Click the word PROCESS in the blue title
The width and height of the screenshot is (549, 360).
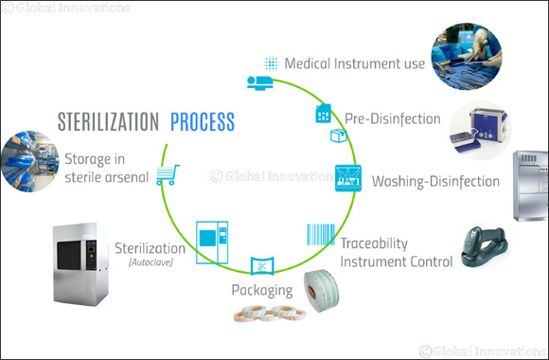click(x=202, y=122)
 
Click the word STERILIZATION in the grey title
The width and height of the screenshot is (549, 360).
click(x=108, y=122)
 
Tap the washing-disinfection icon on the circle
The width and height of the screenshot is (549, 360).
click(x=347, y=177)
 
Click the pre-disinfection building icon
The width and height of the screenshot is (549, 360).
click(x=322, y=116)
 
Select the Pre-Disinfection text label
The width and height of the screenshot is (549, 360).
click(x=392, y=119)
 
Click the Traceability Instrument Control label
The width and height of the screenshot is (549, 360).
click(x=395, y=252)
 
